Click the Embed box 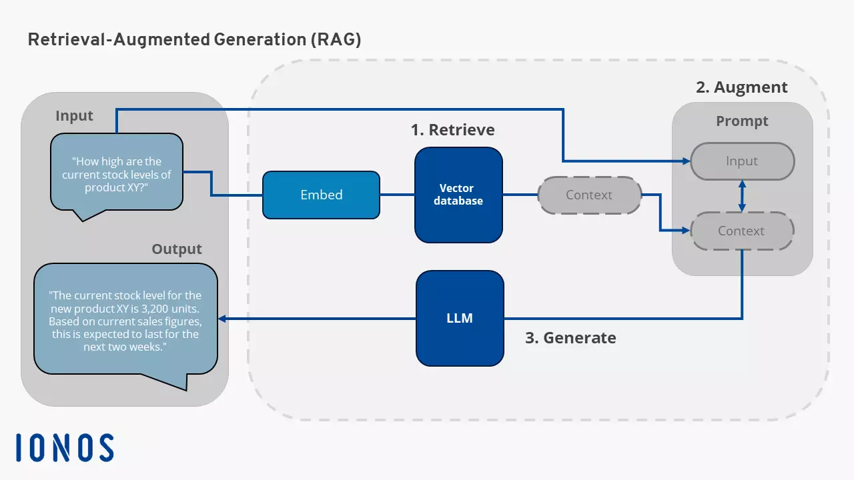pyautogui.click(x=321, y=195)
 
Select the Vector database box pyautogui.click(x=458, y=195)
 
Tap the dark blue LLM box pyautogui.click(x=459, y=318)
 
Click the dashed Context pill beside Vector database pyautogui.click(x=588, y=195)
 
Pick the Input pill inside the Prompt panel pyautogui.click(x=742, y=161)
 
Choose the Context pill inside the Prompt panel pyautogui.click(x=741, y=231)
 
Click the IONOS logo pyautogui.click(x=65, y=447)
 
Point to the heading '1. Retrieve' pyautogui.click(x=452, y=129)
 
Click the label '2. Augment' pyautogui.click(x=741, y=87)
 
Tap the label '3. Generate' pyautogui.click(x=570, y=338)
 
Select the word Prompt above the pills pyautogui.click(x=742, y=121)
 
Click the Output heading pyautogui.click(x=176, y=249)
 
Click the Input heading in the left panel pyautogui.click(x=74, y=116)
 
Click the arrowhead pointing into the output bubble pyautogui.click(x=223, y=319)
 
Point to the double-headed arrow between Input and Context pyautogui.click(x=742, y=196)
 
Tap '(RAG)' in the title pyautogui.click(x=335, y=39)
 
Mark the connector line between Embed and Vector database pyautogui.click(x=397, y=195)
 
